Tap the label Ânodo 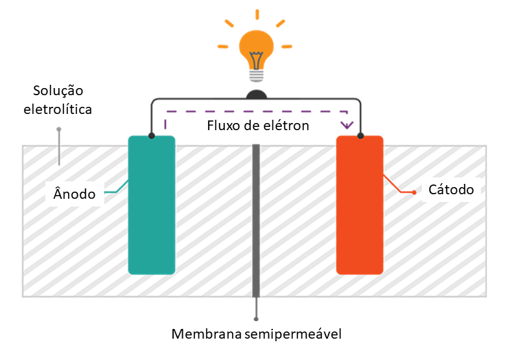click(74, 194)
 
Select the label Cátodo click(451, 190)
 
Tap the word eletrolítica click(58, 109)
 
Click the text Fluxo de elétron click(258, 125)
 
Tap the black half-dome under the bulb click(257, 96)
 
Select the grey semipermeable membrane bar click(256, 220)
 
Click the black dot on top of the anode click(152, 135)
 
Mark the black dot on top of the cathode click(360, 135)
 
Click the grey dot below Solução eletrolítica click(59, 129)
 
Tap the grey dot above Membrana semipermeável click(257, 319)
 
